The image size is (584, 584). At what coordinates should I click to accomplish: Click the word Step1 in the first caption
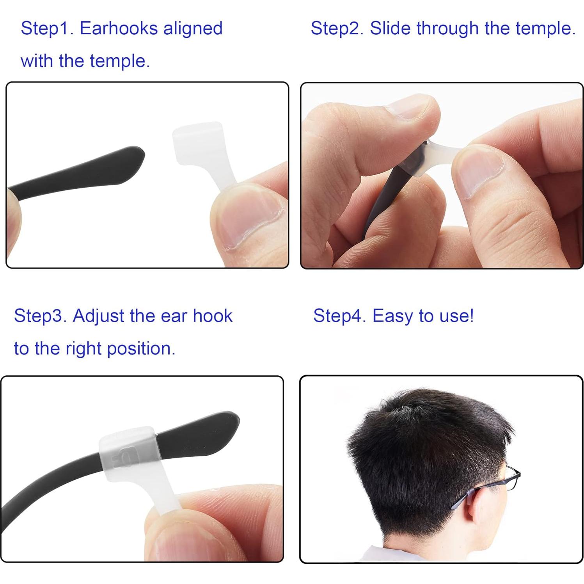pos(47,28)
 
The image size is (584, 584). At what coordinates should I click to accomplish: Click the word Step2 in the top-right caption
pos(337,28)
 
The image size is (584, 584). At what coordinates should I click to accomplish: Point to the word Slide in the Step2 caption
pos(390,28)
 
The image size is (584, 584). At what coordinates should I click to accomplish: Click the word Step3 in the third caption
pos(40,316)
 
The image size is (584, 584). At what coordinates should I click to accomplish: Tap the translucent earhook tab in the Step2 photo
pos(441,150)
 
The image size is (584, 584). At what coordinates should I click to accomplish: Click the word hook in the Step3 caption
pos(213,316)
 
